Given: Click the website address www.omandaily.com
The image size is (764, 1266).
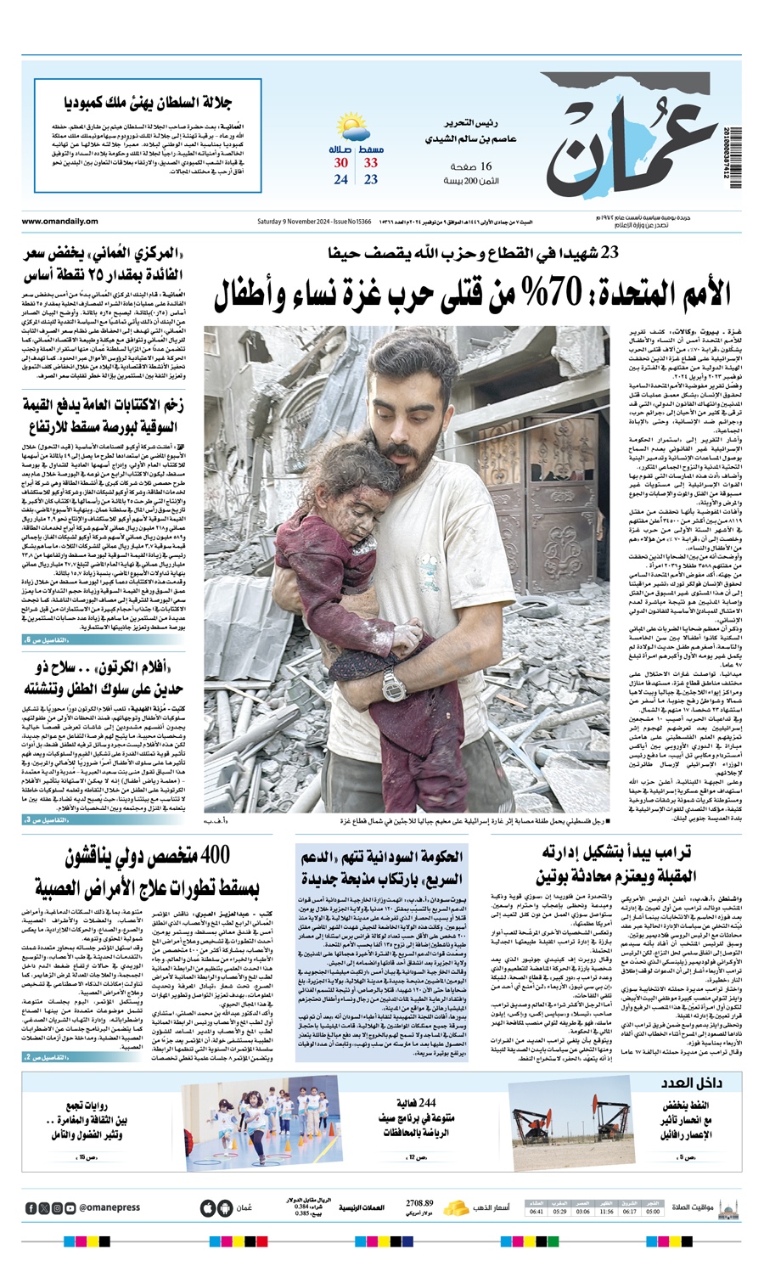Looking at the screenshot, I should click(x=60, y=222).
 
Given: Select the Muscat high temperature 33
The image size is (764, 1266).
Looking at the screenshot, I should click(x=371, y=163).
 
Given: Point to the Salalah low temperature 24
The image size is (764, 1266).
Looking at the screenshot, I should click(x=341, y=180).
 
